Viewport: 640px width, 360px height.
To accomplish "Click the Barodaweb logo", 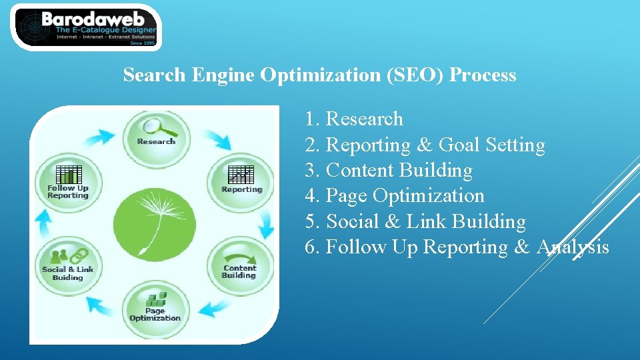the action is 86,27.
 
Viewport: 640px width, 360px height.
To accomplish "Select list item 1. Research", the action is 354,119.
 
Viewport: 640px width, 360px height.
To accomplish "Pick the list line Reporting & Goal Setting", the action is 425,145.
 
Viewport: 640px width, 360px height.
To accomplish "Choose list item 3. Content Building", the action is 389,170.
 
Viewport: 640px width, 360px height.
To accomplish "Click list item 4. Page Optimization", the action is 395,195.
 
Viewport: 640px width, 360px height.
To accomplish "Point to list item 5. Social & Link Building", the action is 415,221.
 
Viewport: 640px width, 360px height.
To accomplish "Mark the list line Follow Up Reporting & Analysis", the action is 457,247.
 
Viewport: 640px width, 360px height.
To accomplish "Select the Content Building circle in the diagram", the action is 241,265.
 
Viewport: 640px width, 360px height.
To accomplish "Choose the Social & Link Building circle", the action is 67,264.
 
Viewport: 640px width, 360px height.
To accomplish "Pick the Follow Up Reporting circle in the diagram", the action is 68,180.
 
